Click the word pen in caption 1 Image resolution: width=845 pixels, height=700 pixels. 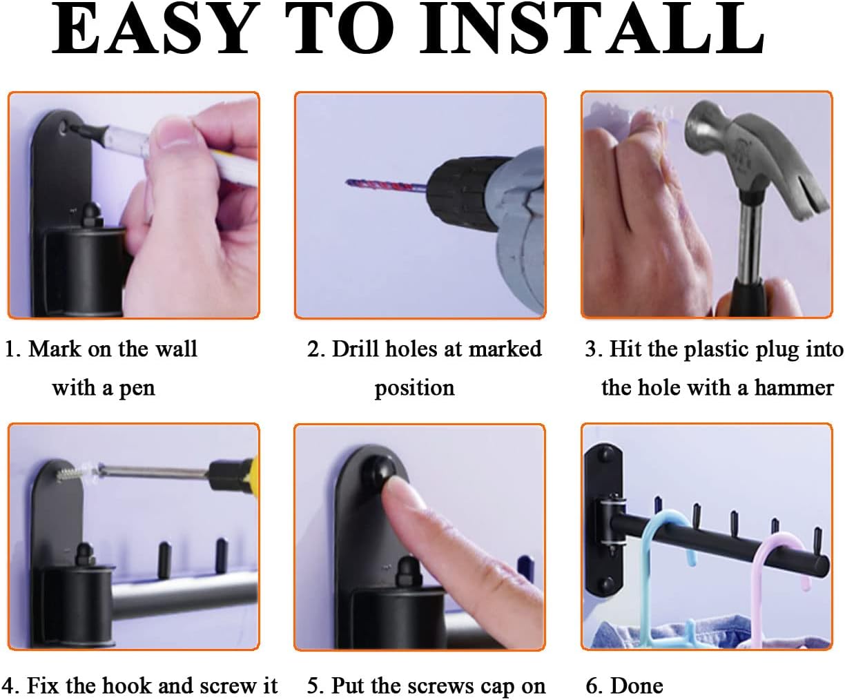[x=137, y=388]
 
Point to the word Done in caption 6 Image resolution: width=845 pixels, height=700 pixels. [x=637, y=686]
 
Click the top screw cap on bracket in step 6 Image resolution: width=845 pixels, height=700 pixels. [x=607, y=453]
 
